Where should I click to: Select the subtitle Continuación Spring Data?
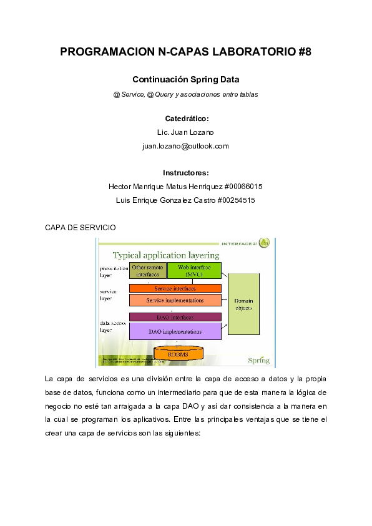click(x=186, y=80)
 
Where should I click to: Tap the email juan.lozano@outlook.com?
click(x=186, y=146)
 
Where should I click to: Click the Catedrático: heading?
click(x=186, y=119)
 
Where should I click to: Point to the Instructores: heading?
click(x=186, y=173)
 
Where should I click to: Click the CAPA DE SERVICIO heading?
click(x=81, y=228)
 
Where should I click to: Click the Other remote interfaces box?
click(x=148, y=271)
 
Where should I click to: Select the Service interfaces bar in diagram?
click(x=175, y=288)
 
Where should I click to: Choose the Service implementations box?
click(x=175, y=300)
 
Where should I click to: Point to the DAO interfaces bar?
click(x=175, y=317)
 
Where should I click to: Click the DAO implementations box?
click(x=175, y=331)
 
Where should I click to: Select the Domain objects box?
click(x=243, y=304)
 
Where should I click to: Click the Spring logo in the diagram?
click(x=258, y=359)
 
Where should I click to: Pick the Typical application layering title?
click(x=165, y=255)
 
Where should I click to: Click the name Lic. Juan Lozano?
click(x=186, y=132)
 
